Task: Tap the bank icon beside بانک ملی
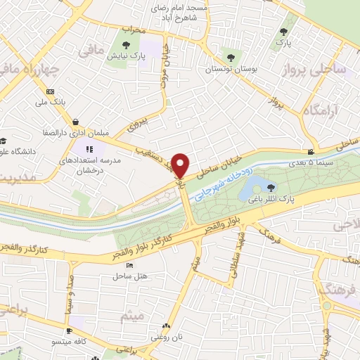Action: coord(50,91)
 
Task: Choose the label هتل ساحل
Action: coord(129,276)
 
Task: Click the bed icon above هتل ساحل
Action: coord(129,265)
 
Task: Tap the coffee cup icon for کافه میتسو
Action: coord(69,330)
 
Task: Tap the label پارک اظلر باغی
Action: coord(274,199)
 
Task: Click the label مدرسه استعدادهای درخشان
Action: coord(94,166)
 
